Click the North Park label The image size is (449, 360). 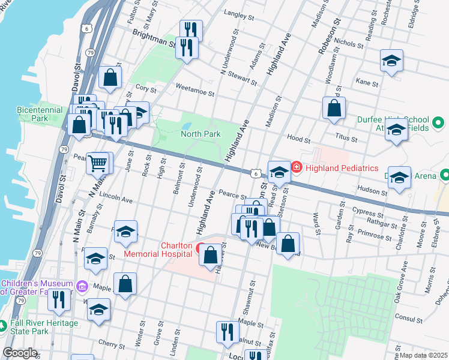200,134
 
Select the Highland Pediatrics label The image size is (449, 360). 342,167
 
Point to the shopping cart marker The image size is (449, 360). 97,162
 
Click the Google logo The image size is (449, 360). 20,353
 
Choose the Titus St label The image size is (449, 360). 346,138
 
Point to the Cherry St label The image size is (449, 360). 111,344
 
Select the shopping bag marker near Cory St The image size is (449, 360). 110,77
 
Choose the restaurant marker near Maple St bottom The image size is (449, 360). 227,332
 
